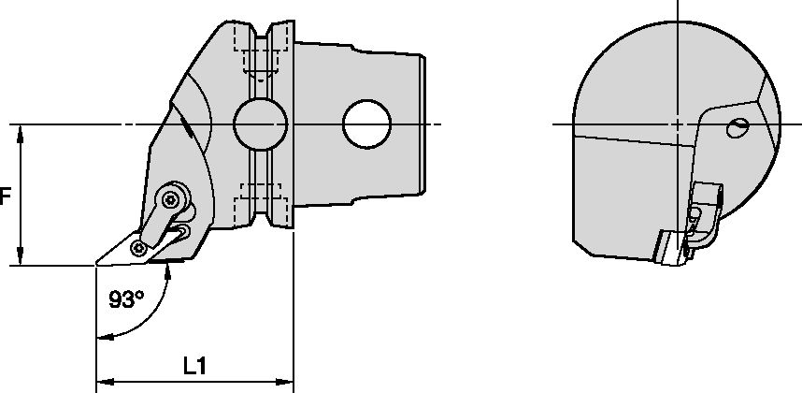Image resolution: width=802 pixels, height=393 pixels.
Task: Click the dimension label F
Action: coord(5,197)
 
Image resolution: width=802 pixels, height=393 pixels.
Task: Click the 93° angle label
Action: coord(126,299)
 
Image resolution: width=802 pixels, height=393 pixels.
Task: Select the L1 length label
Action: coord(194,368)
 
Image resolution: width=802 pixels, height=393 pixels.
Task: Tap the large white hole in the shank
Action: coord(367,124)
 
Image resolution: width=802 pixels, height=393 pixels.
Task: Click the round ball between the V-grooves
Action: coord(259,124)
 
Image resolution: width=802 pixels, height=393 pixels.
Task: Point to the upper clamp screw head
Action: coord(171,197)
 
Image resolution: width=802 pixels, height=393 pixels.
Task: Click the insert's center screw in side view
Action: coord(139,248)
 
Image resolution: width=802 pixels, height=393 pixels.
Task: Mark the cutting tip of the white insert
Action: coord(97,266)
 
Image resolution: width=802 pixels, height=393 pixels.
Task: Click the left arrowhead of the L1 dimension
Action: coord(103,382)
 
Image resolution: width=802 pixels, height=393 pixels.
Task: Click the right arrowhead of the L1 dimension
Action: coord(289,382)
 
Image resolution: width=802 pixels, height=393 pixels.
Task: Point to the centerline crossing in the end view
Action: coord(676,124)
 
